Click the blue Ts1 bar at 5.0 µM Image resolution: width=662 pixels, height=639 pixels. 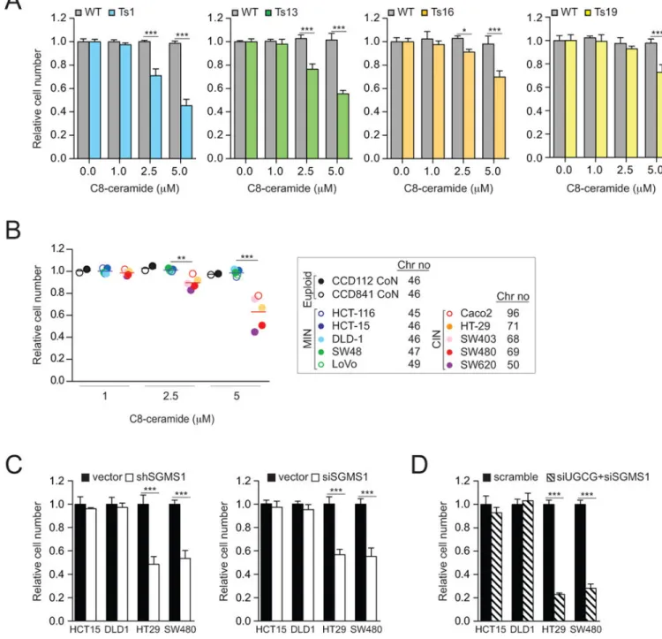tap(186, 132)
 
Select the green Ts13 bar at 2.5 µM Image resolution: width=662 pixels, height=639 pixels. tap(312, 114)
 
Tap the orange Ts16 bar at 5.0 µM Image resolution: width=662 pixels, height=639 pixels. tap(500, 118)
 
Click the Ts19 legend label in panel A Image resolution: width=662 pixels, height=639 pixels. tap(606, 12)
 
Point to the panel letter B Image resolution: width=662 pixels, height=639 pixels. tap(13, 231)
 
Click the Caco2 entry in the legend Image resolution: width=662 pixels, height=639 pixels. tap(476, 313)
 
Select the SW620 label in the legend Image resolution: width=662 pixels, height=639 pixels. tap(478, 365)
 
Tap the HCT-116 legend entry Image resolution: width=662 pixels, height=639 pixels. tap(353, 313)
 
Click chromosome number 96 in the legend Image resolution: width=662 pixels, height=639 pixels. tap(513, 313)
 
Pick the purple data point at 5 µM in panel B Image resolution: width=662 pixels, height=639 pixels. tap(254, 332)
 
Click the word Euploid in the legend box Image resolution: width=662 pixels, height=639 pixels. tap(307, 289)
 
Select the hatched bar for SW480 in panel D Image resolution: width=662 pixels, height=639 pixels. tap(591, 604)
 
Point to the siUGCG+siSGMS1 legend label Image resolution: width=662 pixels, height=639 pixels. tap(603, 477)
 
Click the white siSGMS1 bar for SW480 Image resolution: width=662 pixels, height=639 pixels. tap(371, 589)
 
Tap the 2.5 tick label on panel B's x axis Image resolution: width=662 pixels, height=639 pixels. tap(170, 396)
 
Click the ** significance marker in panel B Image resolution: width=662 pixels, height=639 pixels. tap(181, 258)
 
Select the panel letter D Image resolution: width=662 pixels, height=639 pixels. tap(419, 465)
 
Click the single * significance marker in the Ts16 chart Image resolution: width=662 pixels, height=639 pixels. tap(464, 30)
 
